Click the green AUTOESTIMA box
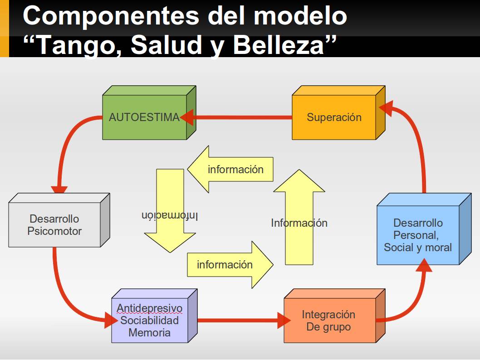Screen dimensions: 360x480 [x=144, y=117]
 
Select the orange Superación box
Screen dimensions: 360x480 [x=334, y=117]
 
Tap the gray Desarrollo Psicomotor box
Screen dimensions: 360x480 [x=54, y=225]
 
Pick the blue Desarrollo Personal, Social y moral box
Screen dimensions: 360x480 [x=418, y=235]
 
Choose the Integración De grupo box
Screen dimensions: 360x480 [x=328, y=321]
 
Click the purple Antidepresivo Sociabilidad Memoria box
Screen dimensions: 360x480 [x=149, y=321]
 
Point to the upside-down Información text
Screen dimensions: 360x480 [x=170, y=216]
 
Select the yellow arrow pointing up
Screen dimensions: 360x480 [x=299, y=218]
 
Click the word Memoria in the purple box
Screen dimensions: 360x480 [x=149, y=332]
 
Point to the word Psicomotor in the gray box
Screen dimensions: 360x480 [x=54, y=231]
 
